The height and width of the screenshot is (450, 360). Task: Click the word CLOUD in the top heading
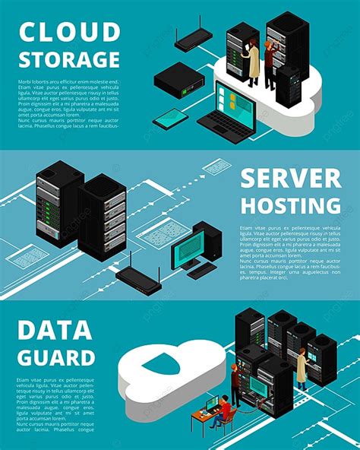coord(69,32)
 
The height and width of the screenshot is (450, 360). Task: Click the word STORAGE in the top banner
coord(69,59)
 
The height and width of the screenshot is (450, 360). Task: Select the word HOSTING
coord(290,206)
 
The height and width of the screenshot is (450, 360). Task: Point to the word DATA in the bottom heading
coord(56,331)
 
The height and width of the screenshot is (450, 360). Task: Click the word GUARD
coord(56,357)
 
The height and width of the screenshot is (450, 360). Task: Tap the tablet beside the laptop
coord(170,117)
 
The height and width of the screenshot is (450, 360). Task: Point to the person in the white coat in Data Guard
coord(302,368)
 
